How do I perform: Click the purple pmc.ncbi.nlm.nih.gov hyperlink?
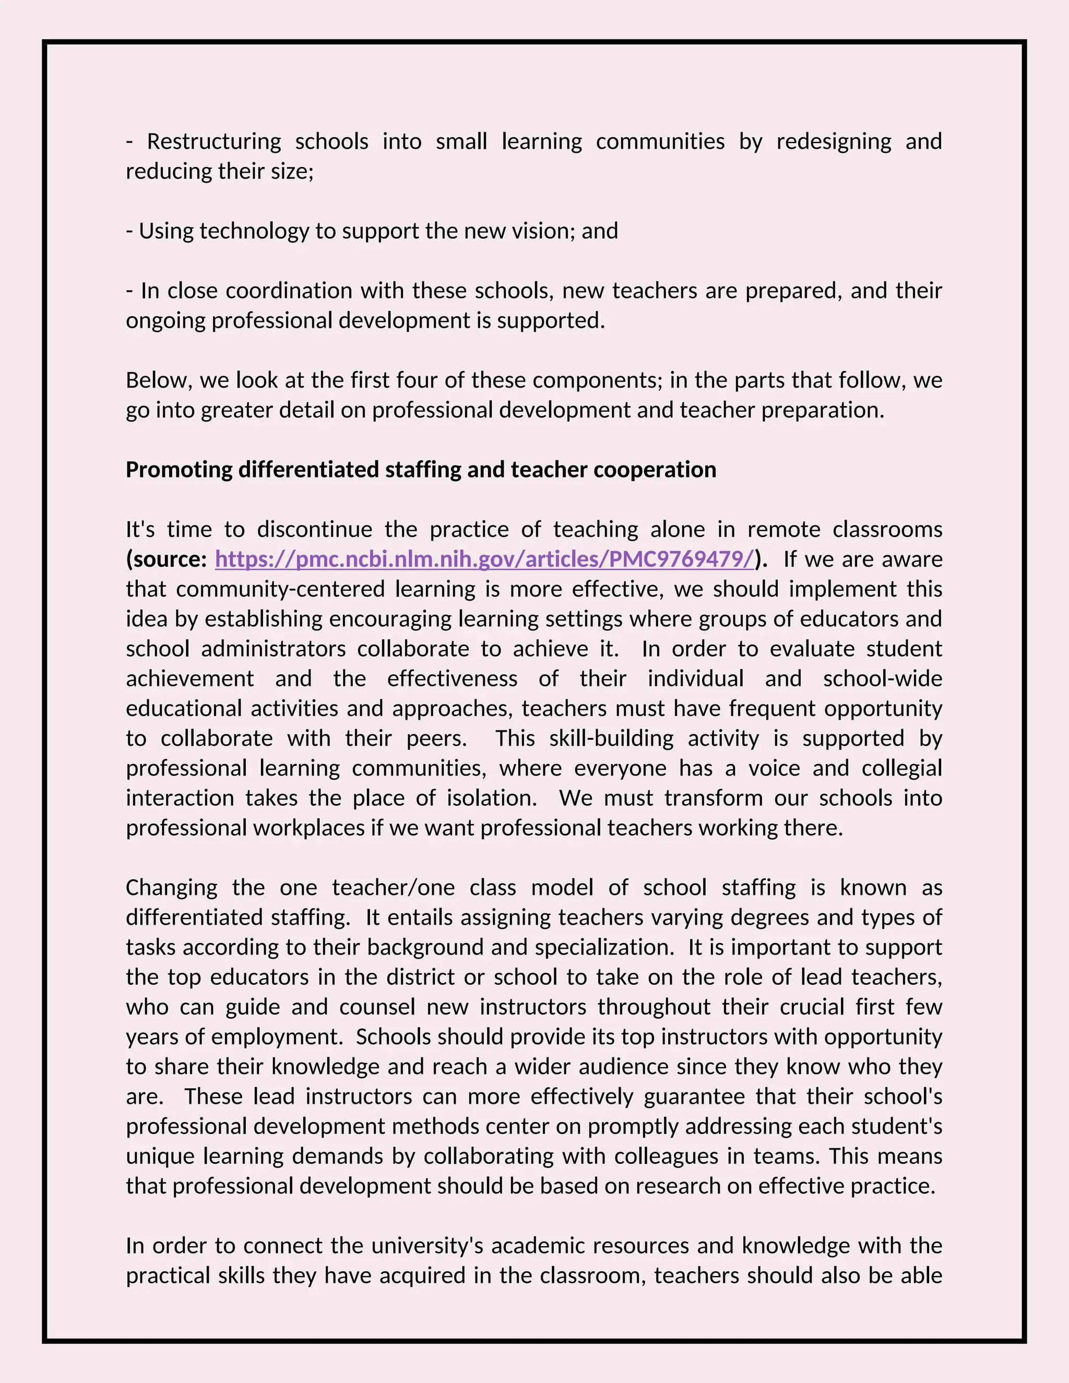[484, 559]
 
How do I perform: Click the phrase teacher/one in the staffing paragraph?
[393, 888]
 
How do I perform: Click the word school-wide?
[882, 679]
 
